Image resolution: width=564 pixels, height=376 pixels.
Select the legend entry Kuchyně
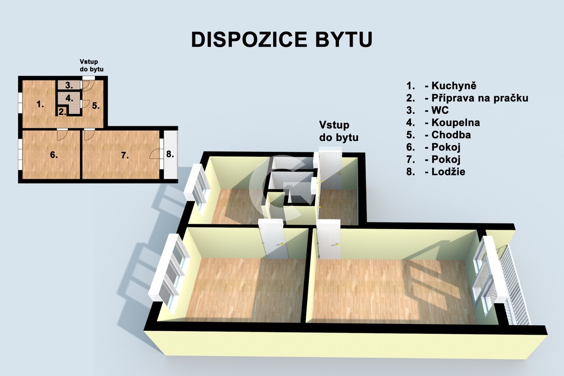pos(454,86)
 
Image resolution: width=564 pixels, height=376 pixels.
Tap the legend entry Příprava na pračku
pos(479,98)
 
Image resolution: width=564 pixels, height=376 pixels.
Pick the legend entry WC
pos(440,110)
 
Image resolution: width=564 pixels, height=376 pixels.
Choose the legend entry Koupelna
pos(455,123)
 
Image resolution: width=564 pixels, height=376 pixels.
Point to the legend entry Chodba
pos(451,135)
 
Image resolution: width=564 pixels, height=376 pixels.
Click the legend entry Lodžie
pos(448,172)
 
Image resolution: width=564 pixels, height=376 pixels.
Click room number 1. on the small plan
pos(40,104)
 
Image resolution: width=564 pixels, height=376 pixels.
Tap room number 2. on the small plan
pos(62,112)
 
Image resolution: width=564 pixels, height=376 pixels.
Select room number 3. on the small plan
pos(69,85)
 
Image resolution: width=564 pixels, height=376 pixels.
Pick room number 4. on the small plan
pos(69,98)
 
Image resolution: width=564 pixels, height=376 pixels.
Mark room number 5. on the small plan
pos(96,105)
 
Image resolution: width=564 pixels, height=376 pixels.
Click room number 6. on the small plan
pos(54,155)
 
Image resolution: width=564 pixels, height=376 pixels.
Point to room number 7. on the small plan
pos(125,155)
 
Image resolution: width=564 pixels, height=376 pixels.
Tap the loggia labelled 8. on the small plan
pos(170,154)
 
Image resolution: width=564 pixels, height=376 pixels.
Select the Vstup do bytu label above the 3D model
pos(338,131)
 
